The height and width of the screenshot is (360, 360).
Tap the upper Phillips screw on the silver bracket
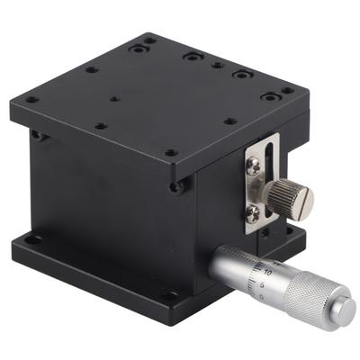[255, 165]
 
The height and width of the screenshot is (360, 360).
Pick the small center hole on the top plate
[114, 100]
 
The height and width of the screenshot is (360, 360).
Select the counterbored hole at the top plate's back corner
[148, 40]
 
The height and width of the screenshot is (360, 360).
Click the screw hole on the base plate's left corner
[33, 240]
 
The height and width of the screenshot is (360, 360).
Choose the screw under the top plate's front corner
[176, 187]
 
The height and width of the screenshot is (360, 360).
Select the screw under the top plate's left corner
[37, 135]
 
